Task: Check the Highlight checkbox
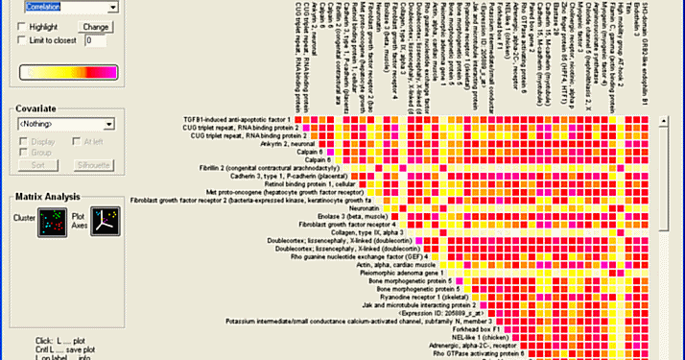24,27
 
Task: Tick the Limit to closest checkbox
24,41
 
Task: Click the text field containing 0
97,41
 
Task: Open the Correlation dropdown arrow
111,7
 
